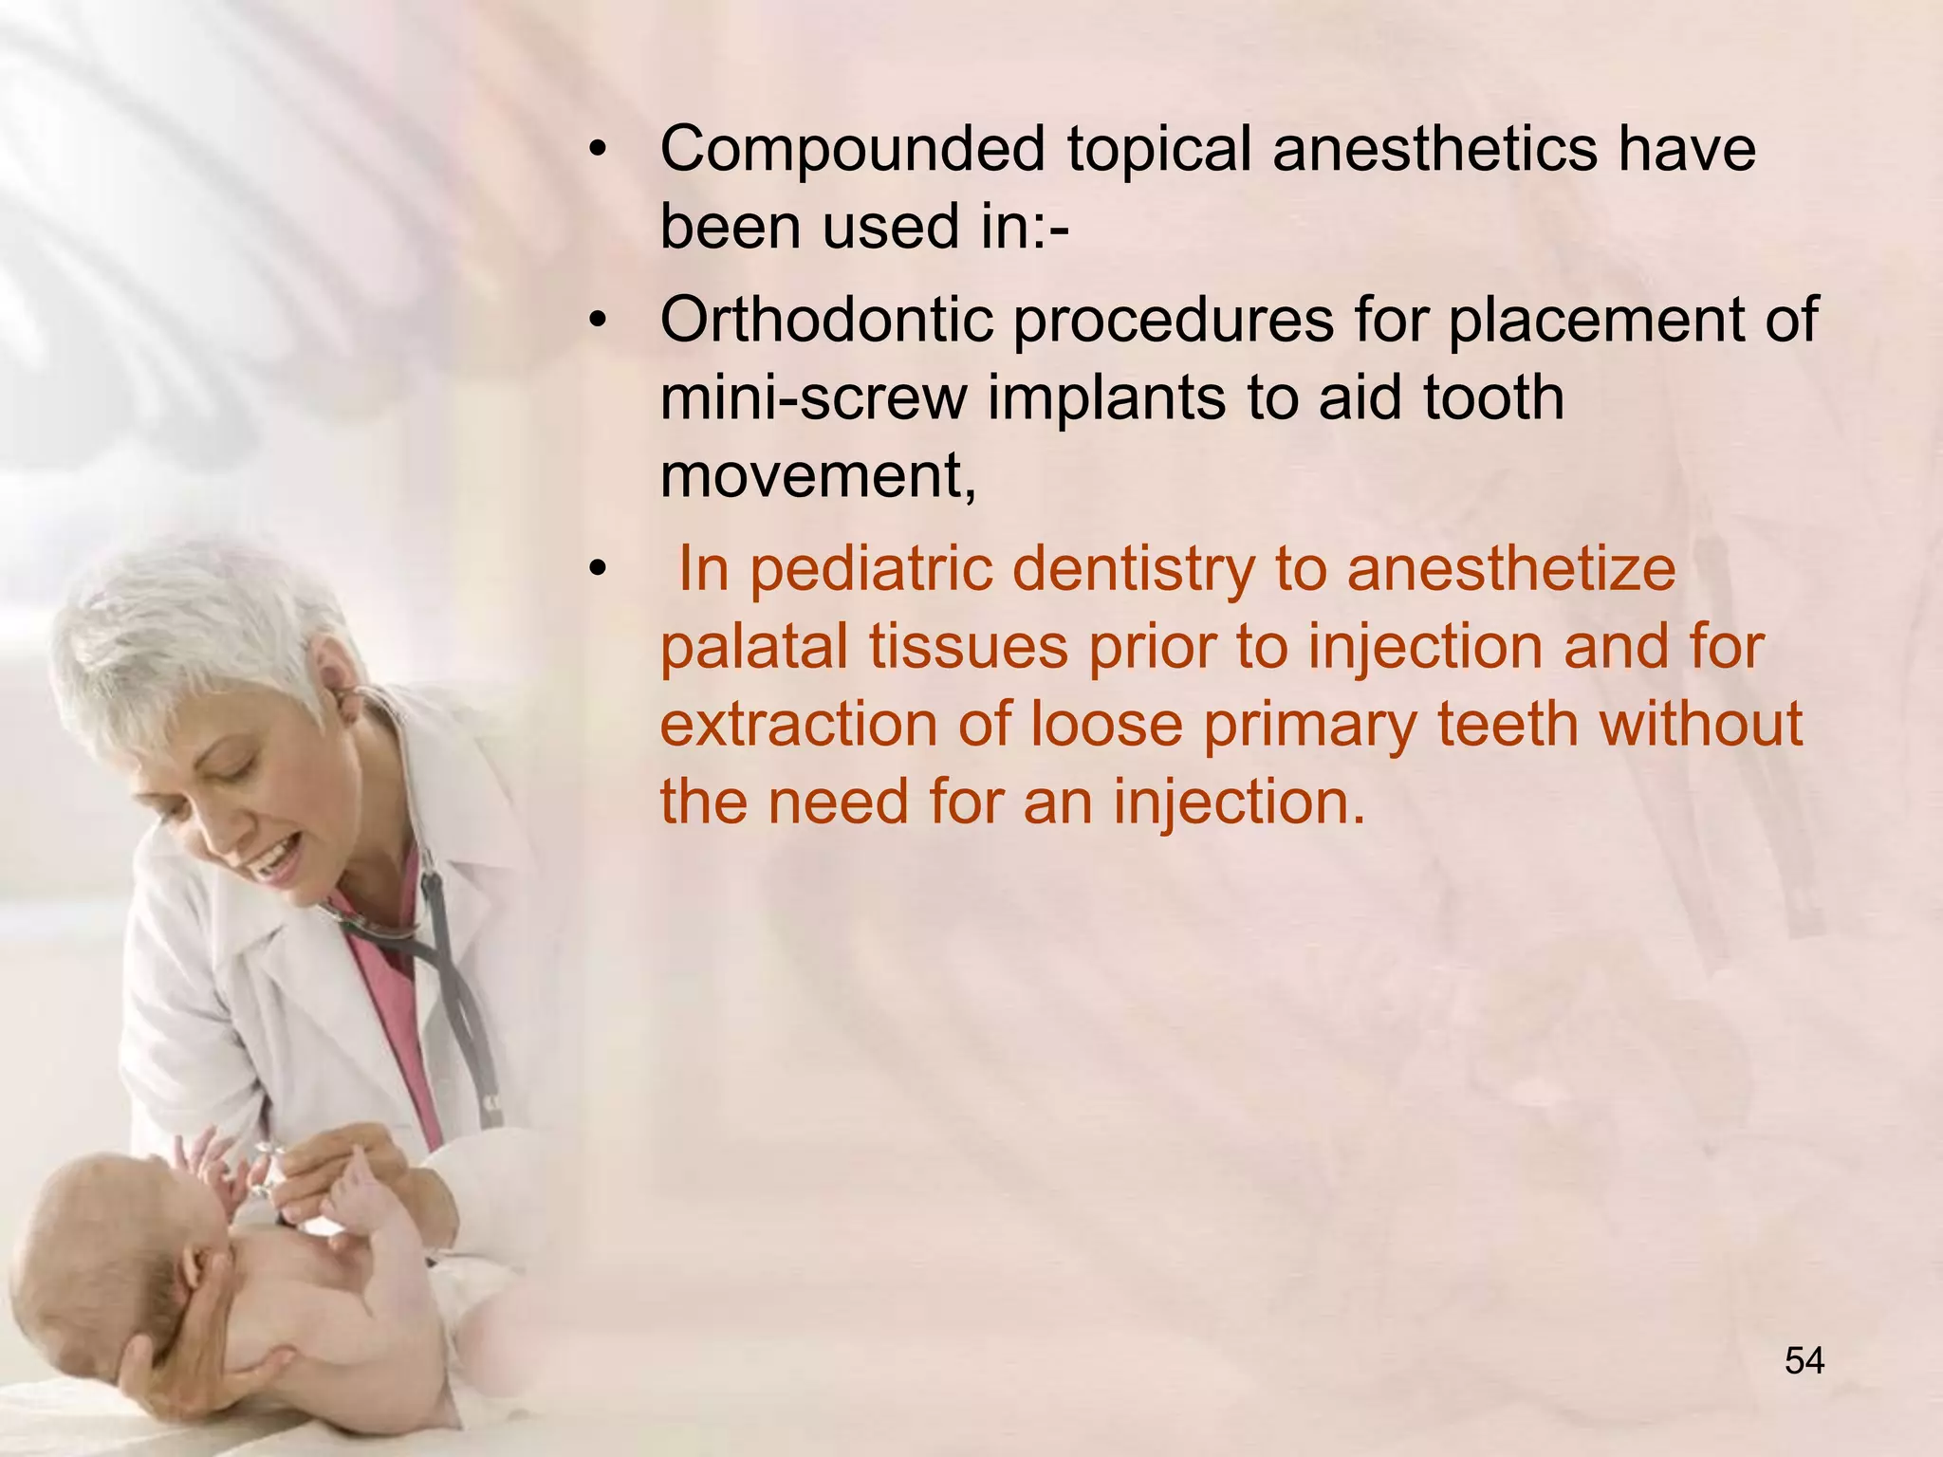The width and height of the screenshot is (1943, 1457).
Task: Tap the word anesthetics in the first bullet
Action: point(1434,149)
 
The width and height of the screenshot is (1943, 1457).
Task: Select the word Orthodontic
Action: point(826,320)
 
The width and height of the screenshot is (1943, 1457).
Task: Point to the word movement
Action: point(817,474)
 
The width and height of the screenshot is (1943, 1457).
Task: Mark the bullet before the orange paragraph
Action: point(596,569)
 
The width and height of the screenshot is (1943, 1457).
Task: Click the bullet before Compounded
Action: point(596,150)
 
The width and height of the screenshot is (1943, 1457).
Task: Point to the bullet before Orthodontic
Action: point(596,321)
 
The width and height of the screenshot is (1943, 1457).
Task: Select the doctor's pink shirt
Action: point(398,1024)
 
